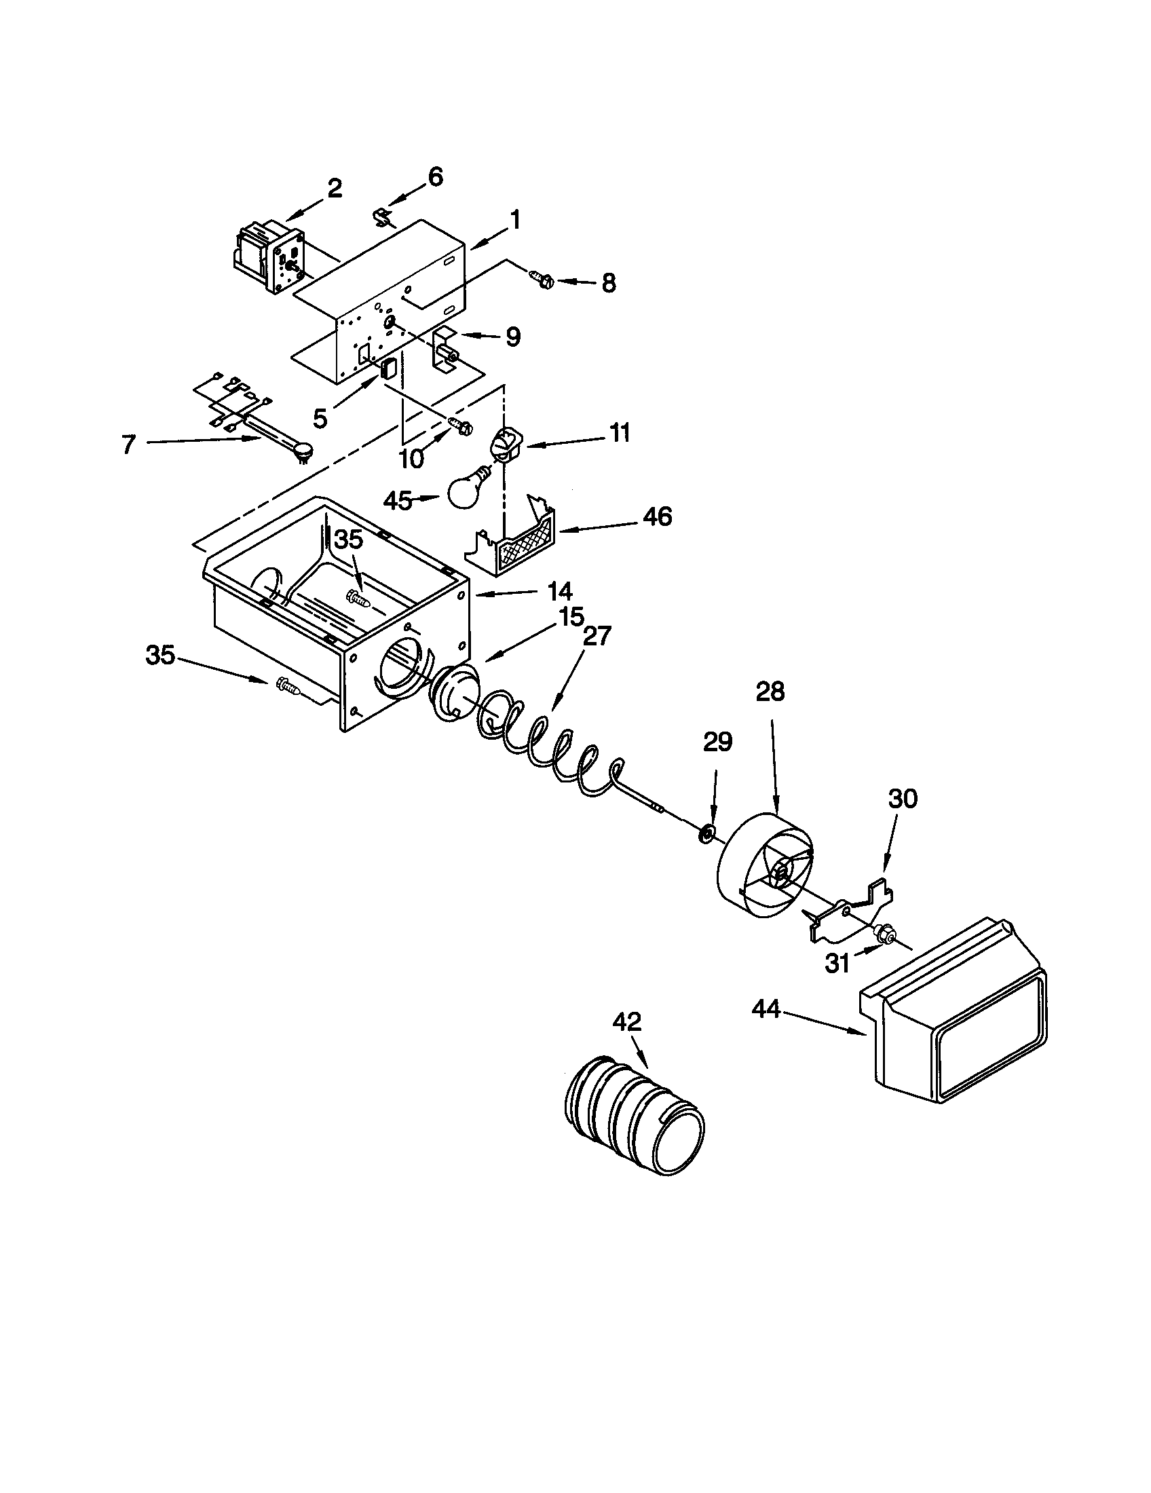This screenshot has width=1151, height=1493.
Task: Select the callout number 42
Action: pos(627,1022)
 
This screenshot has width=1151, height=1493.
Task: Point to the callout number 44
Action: pos(766,1009)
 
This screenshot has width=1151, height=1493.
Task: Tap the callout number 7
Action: pos(128,445)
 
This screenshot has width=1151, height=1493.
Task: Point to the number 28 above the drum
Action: pos(770,692)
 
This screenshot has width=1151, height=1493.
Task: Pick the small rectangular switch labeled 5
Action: pos(389,368)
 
